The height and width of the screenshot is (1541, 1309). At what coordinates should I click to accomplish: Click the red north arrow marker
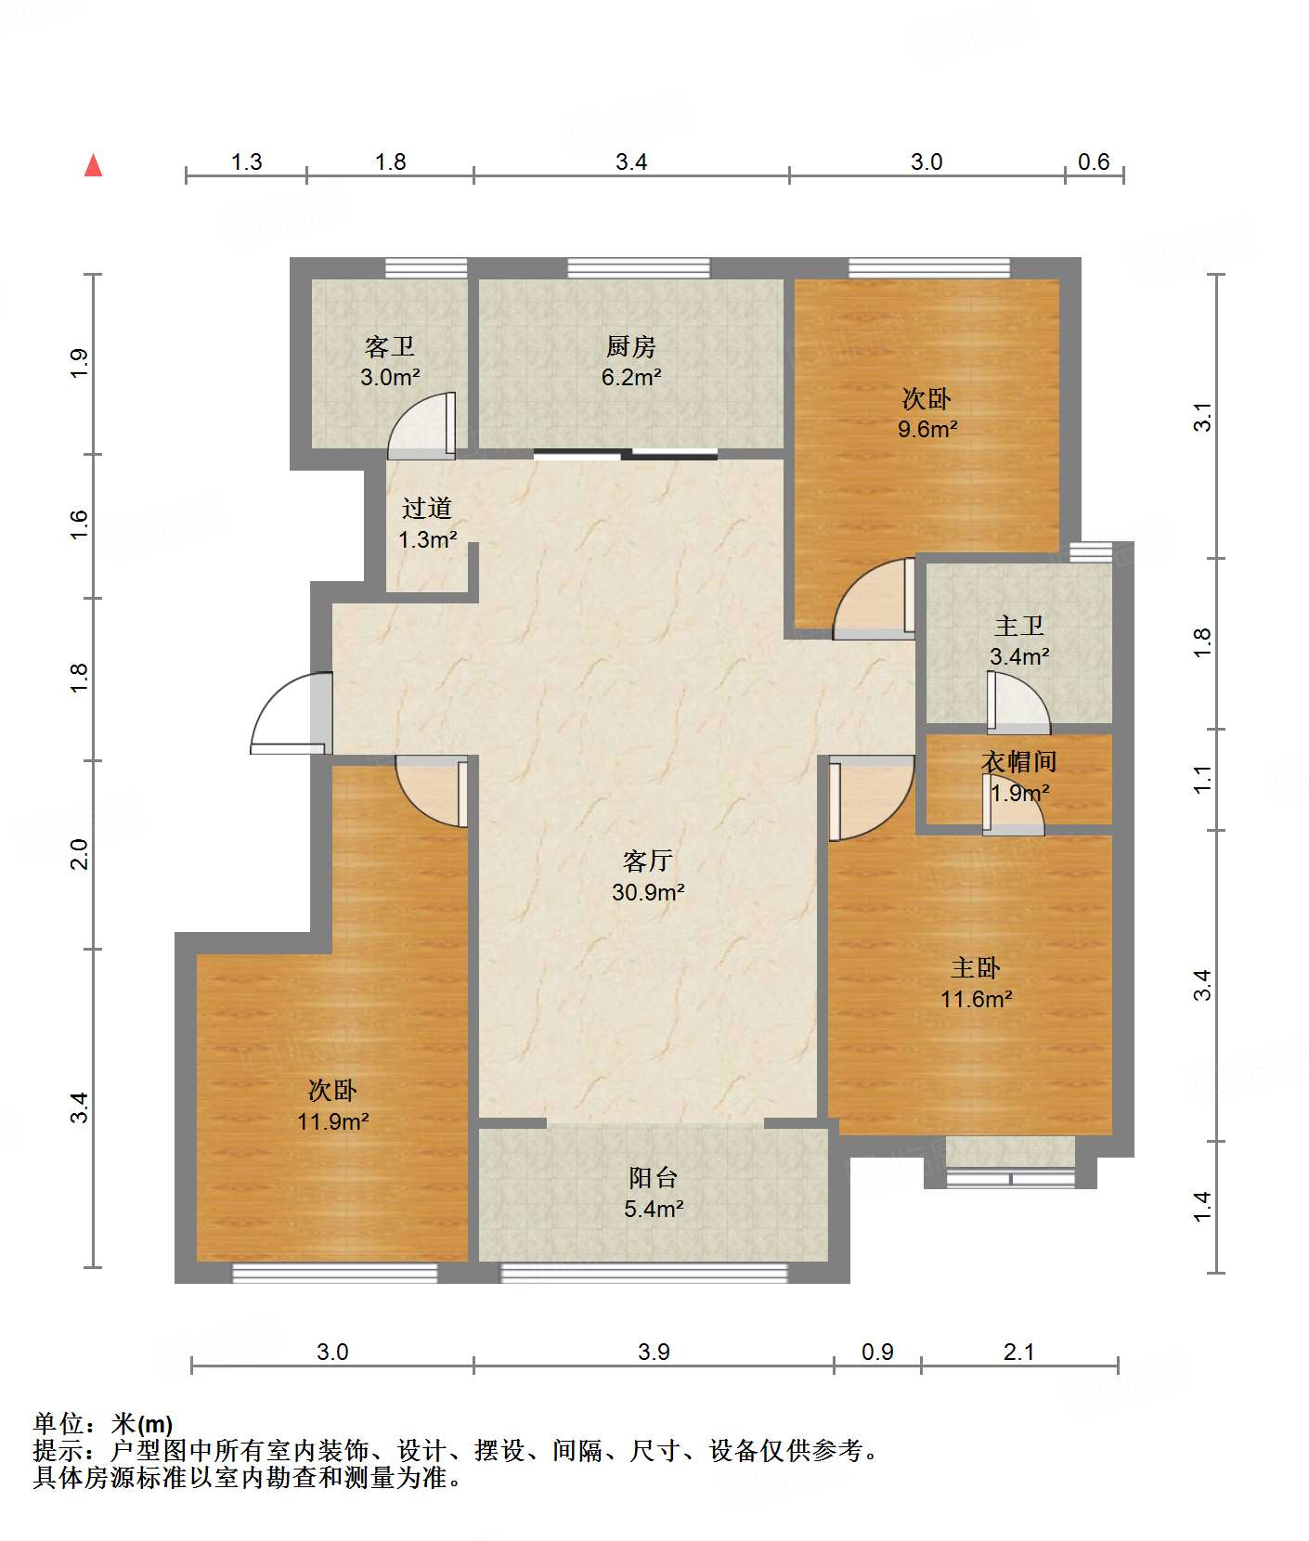(x=93, y=165)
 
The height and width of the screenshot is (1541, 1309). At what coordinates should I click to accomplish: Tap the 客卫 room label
(x=390, y=347)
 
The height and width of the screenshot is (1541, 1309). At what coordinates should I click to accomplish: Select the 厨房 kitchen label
(x=631, y=347)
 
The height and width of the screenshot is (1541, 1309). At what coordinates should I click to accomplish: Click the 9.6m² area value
(x=927, y=429)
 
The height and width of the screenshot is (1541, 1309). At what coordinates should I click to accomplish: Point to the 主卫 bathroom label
(x=1019, y=627)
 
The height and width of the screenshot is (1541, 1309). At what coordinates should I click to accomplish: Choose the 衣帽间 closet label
(x=1019, y=762)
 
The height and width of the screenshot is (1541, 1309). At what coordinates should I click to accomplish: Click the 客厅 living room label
(x=648, y=861)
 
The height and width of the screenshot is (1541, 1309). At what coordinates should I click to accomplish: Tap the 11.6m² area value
(x=976, y=999)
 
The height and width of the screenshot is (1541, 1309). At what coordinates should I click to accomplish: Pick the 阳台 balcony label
(x=654, y=1178)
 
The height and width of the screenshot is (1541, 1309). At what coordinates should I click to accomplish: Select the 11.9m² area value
(x=333, y=1121)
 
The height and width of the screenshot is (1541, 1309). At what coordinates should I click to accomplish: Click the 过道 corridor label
(x=427, y=509)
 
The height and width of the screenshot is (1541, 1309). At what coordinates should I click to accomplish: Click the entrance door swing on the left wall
(x=292, y=713)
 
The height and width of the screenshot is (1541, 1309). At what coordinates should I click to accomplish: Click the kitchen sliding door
(x=626, y=454)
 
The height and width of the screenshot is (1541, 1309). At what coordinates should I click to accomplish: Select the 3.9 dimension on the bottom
(x=654, y=1352)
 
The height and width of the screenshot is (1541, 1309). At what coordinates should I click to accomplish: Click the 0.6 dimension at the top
(x=1094, y=162)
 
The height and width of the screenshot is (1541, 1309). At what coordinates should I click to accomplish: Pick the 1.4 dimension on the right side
(x=1202, y=1206)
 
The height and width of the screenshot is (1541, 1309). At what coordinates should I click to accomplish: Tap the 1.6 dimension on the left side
(x=80, y=525)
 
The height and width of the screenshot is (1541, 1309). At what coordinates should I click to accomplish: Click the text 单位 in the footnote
(x=58, y=1424)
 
